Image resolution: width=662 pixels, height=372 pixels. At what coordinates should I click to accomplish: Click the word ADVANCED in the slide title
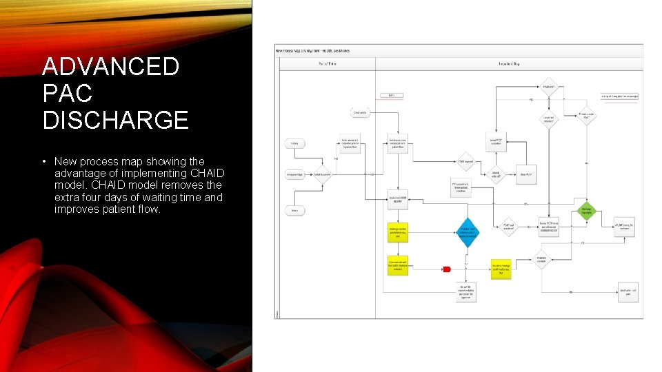tap(110, 67)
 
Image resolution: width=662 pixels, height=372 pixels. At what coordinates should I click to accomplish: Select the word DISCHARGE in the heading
tap(115, 120)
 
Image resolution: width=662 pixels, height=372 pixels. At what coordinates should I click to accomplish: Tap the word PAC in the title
tap(67, 94)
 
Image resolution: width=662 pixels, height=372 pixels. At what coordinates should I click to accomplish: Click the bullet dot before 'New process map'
tap(44, 162)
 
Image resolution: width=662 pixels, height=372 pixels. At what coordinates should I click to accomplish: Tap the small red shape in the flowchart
tap(446, 269)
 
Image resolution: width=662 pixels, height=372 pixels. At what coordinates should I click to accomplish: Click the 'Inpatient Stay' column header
tap(509, 63)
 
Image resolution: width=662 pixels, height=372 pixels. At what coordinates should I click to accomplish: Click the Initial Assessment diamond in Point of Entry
tap(322, 174)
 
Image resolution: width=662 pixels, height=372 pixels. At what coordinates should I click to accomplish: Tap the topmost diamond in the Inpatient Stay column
tap(548, 87)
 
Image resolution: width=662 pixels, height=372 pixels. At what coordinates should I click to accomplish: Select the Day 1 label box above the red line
tap(392, 96)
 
